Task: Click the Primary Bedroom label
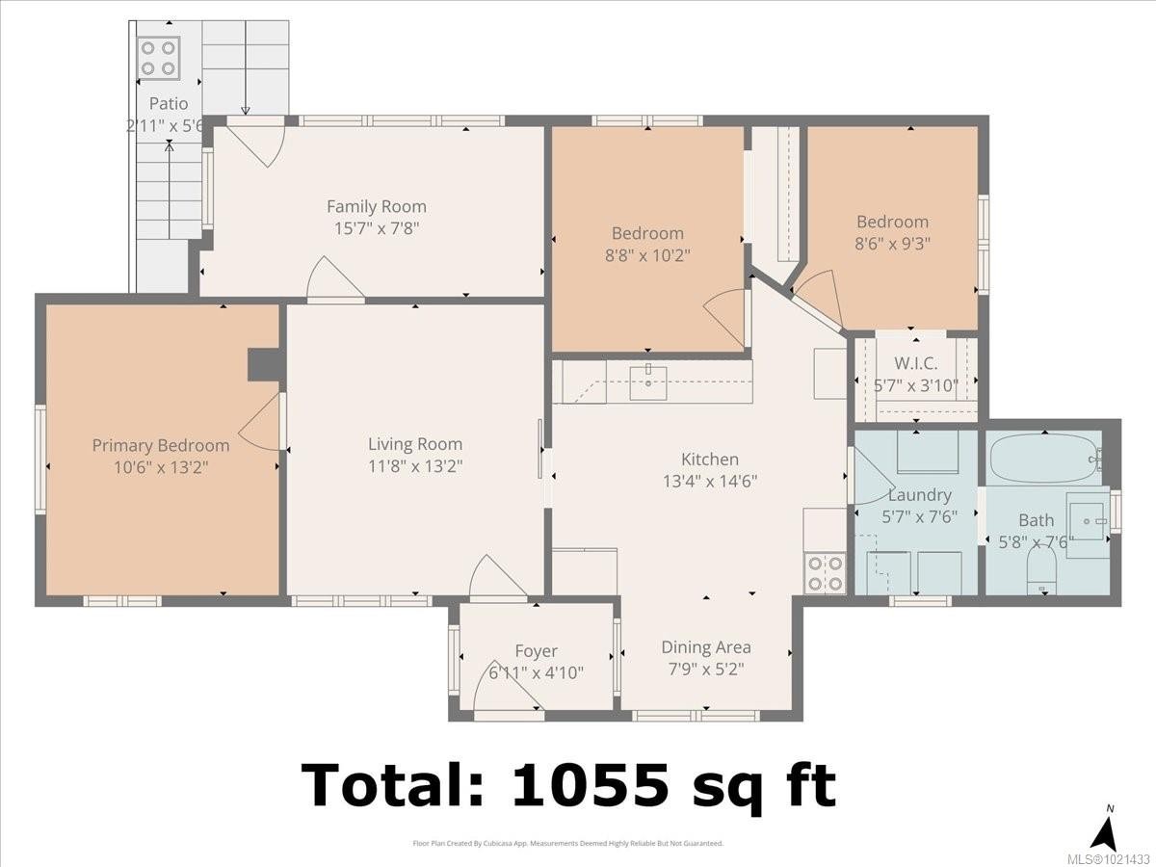161,445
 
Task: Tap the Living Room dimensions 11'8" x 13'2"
415,466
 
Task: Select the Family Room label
376,206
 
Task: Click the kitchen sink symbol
649,382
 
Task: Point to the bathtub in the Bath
1043,458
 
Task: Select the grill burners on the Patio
158,56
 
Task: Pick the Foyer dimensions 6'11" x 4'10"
536,672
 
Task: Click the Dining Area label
705,647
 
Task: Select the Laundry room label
919,495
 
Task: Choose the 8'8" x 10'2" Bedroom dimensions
647,254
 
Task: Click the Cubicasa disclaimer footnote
567,844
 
